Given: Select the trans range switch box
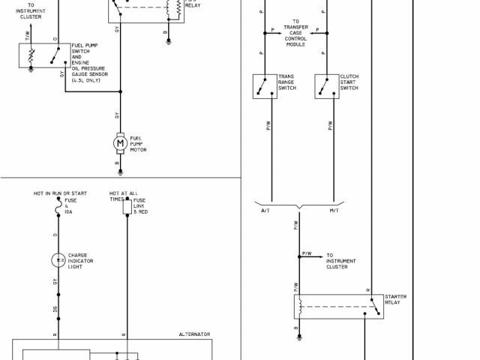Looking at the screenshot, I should pyautogui.click(x=265, y=86).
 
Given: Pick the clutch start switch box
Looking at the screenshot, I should pyautogui.click(x=327, y=86).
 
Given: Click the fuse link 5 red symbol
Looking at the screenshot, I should pyautogui.click(x=127, y=208).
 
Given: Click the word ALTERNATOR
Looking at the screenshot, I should pyautogui.click(x=194, y=334).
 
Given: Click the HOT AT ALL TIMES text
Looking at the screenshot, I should pyautogui.click(x=124, y=196).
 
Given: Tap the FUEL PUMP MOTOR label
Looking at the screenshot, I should pyautogui.click(x=139, y=144).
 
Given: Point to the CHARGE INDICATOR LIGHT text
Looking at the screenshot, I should pyautogui.click(x=83, y=260).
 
